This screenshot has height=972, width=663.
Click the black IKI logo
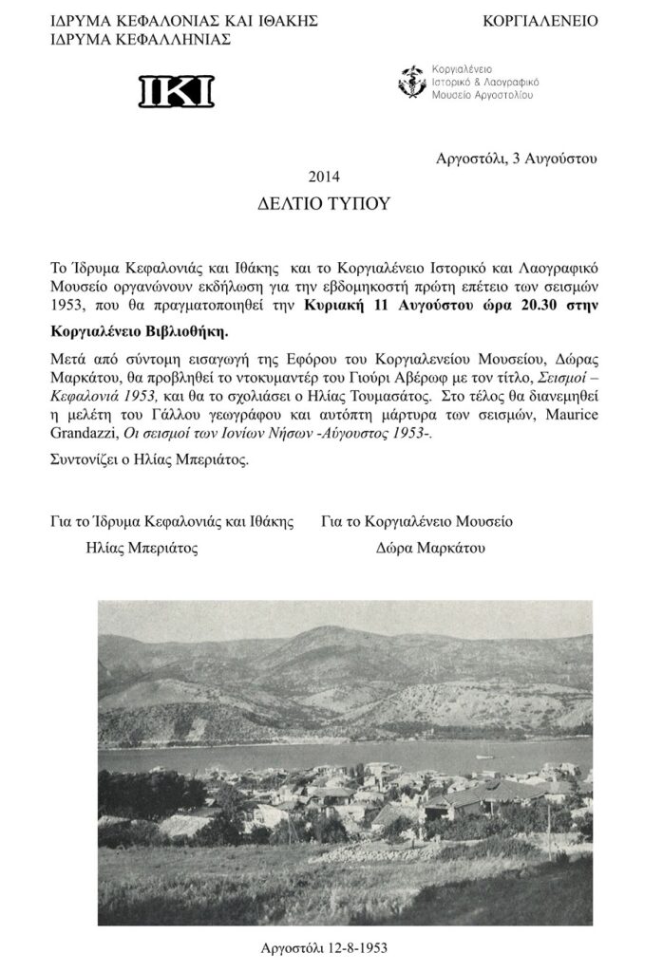178,90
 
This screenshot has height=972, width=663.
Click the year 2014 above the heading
324,176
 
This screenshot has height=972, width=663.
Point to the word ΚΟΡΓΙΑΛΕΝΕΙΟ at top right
540,20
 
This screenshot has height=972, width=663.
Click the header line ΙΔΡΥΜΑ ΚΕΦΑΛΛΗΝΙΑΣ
141,39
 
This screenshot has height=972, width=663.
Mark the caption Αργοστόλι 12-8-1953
322,946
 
